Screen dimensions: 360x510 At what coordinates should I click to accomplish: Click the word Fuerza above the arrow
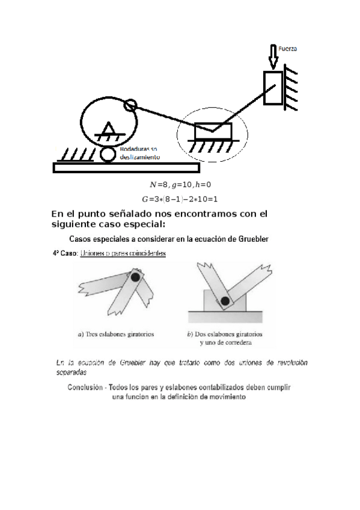[288, 48]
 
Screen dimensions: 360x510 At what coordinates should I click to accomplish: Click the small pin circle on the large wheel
[130, 106]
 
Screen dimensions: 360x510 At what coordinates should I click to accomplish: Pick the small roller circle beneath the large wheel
[108, 154]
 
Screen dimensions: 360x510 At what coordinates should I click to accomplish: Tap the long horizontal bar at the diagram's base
[126, 168]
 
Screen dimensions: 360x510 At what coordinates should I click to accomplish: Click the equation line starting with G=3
[179, 198]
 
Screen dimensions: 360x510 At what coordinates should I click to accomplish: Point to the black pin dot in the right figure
[225, 301]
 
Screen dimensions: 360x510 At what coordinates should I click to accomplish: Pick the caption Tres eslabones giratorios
[117, 334]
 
